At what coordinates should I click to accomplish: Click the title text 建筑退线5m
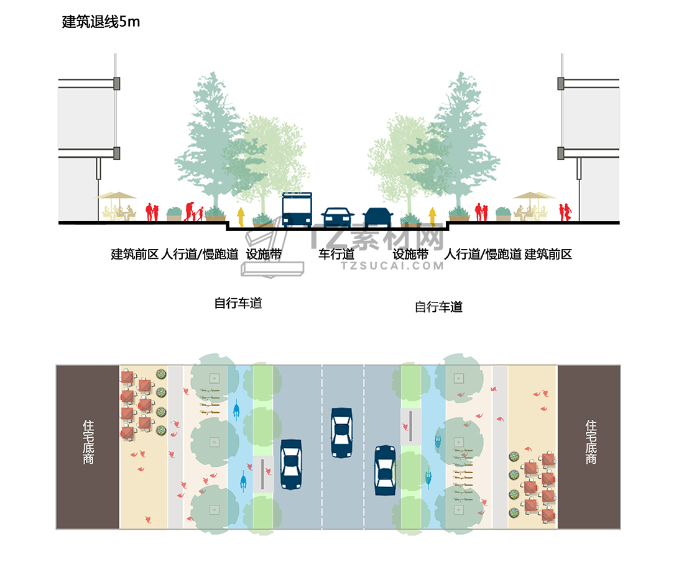[x=101, y=22]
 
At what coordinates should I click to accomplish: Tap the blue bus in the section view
[x=297, y=209]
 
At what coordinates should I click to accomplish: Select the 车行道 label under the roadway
[x=336, y=254]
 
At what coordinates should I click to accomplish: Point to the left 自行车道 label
[x=238, y=304]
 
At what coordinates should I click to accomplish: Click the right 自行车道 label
[x=439, y=307]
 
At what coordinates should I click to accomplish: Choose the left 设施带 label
[x=264, y=254]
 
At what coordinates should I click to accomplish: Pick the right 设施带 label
[x=410, y=254]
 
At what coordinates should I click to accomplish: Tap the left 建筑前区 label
[x=135, y=254]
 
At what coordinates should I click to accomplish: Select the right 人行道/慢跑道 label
[x=483, y=254]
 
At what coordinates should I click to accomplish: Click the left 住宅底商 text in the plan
[x=88, y=443]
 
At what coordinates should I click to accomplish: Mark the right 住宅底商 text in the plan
[x=591, y=442]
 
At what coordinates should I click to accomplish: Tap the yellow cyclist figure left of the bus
[x=241, y=217]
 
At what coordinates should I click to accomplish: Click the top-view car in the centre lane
[x=341, y=432]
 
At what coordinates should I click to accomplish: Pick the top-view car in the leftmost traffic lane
[x=291, y=465]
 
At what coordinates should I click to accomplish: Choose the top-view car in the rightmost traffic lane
[x=386, y=470]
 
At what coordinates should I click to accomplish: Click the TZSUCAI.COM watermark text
[x=392, y=266]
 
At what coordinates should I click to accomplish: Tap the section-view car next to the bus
[x=338, y=217]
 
